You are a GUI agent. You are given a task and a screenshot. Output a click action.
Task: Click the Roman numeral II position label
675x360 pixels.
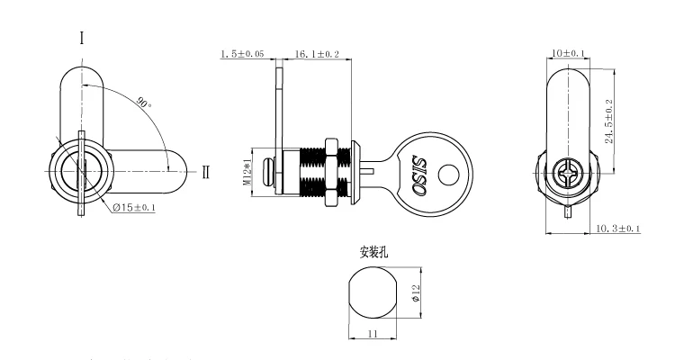[x=206, y=172]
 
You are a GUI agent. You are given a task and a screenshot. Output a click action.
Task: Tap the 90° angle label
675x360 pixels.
[x=143, y=103]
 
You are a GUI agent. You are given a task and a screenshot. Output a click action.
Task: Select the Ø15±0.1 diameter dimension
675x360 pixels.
[x=135, y=208]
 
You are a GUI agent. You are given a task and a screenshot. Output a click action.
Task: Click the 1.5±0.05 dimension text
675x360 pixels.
[x=242, y=55]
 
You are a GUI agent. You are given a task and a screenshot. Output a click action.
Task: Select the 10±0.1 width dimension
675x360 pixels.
[x=567, y=54]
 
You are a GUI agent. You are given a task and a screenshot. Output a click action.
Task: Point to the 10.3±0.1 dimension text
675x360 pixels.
[x=617, y=229]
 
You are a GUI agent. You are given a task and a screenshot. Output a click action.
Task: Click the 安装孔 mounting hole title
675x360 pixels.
[x=373, y=253]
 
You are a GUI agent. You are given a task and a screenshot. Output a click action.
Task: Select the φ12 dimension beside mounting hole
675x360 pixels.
[x=416, y=293]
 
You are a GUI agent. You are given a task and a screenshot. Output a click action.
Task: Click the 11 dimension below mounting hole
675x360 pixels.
[x=372, y=333]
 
